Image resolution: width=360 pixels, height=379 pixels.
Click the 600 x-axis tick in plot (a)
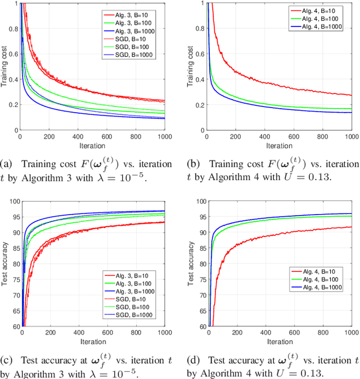coord(106,136)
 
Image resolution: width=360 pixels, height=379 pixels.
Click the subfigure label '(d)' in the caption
coord(192,360)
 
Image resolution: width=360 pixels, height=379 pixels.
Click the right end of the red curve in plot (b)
coord(351,95)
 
